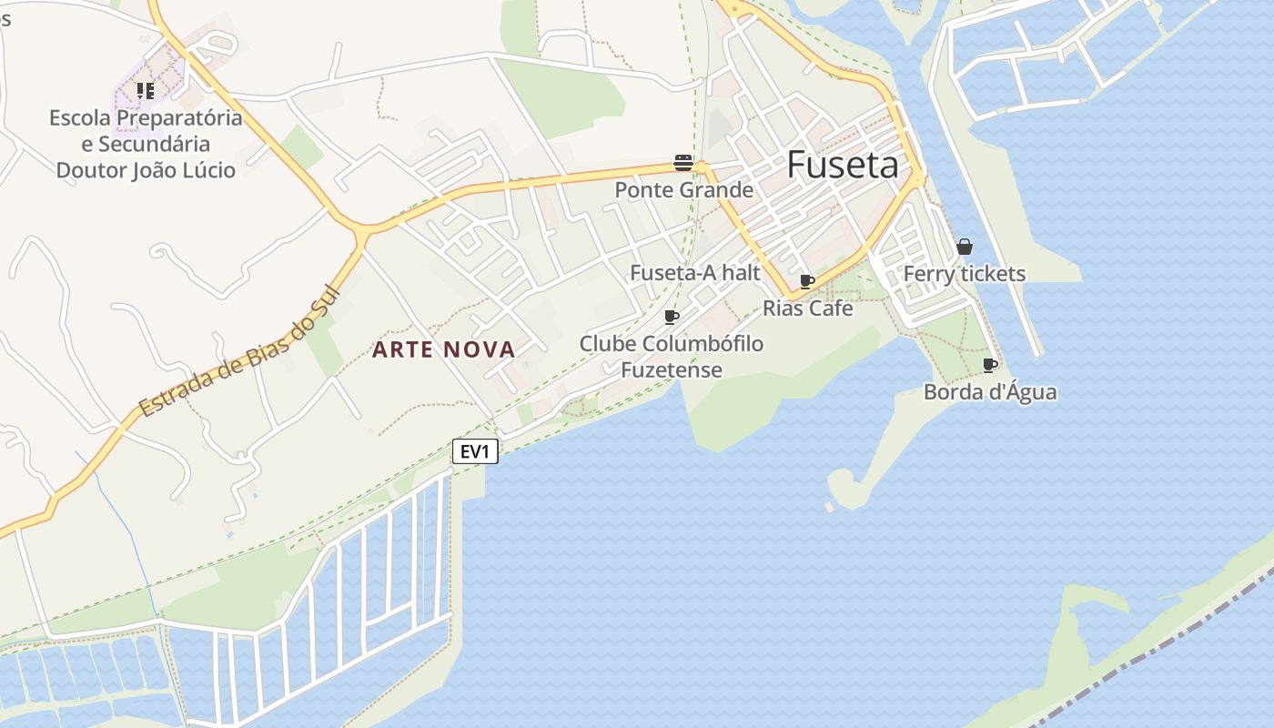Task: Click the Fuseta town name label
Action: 842,165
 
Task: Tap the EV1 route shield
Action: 475,451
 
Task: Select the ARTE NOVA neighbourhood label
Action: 444,349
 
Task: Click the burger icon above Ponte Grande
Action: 683,163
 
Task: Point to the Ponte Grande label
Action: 683,190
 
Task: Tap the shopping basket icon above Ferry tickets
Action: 965,247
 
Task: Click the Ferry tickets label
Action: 964,274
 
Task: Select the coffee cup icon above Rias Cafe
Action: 806,281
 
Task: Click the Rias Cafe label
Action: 807,308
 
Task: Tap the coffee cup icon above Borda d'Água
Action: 990,366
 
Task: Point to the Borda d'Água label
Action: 990,392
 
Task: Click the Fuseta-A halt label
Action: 695,273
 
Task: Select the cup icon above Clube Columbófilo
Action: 672,318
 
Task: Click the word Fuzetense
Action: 672,370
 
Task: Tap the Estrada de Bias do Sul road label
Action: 238,352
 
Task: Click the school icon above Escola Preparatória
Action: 146,91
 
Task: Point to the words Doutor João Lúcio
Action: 146,170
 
